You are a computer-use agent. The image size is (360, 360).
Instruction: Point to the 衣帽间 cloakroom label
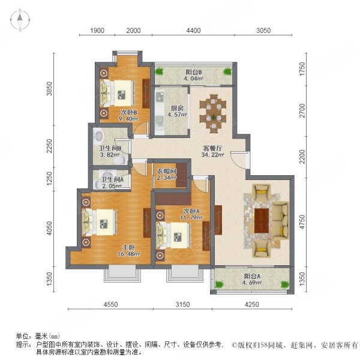pos(166,170)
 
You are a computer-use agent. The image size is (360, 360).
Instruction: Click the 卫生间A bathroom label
pos(112,179)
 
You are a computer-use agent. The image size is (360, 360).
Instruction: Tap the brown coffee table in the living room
pos(262,220)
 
